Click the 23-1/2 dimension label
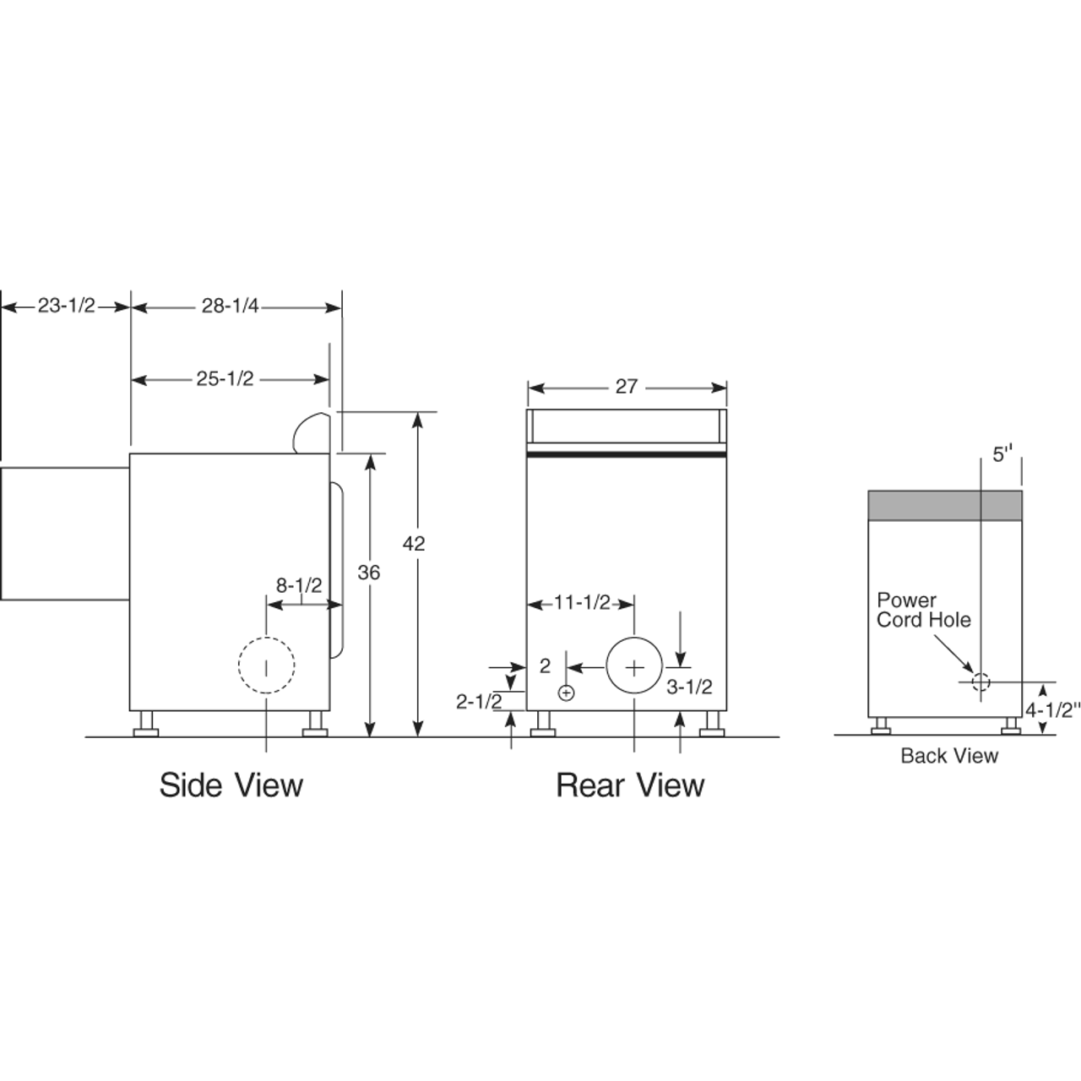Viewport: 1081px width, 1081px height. (x=66, y=307)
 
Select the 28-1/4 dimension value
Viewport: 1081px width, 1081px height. (x=230, y=307)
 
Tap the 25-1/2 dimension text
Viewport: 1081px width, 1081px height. (x=225, y=379)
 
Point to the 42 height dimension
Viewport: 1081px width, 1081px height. (x=414, y=544)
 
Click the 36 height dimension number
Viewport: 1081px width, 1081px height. (x=369, y=573)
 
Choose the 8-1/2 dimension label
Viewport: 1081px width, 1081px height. (x=299, y=585)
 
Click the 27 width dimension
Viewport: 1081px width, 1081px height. (x=626, y=387)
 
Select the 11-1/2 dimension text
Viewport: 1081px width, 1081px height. (x=581, y=603)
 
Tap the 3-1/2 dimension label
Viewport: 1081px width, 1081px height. (x=689, y=687)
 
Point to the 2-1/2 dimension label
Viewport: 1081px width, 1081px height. (x=480, y=701)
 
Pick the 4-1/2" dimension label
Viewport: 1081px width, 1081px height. (x=1053, y=710)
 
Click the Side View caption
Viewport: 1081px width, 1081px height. (x=231, y=785)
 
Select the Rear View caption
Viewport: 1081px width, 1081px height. (x=630, y=785)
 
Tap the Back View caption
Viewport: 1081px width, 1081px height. (x=949, y=756)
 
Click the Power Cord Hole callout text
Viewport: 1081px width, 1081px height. (x=923, y=610)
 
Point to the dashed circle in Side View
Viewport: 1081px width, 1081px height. (x=267, y=666)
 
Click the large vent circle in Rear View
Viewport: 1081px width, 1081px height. (x=634, y=666)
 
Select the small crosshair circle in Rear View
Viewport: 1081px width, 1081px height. (x=566, y=693)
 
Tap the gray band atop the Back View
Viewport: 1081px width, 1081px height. (x=945, y=505)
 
